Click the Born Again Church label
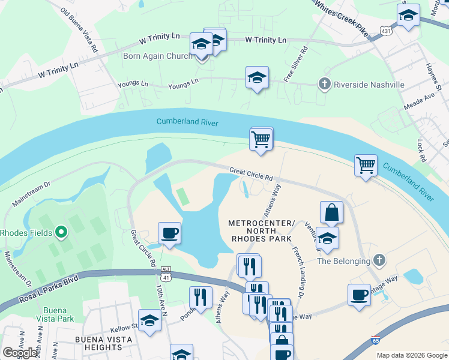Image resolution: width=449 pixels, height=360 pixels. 158,56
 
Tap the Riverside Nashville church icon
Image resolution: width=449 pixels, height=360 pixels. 325,84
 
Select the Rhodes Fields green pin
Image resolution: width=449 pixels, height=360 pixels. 60,232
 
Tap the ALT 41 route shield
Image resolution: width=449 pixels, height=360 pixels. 164,274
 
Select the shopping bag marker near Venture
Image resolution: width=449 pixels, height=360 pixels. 331,213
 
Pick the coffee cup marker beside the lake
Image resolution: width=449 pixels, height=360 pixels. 169,233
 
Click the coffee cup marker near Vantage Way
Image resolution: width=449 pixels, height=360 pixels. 359,295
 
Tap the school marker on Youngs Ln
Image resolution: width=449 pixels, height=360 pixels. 257,78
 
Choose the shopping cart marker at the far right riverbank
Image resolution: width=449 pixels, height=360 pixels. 365,164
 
